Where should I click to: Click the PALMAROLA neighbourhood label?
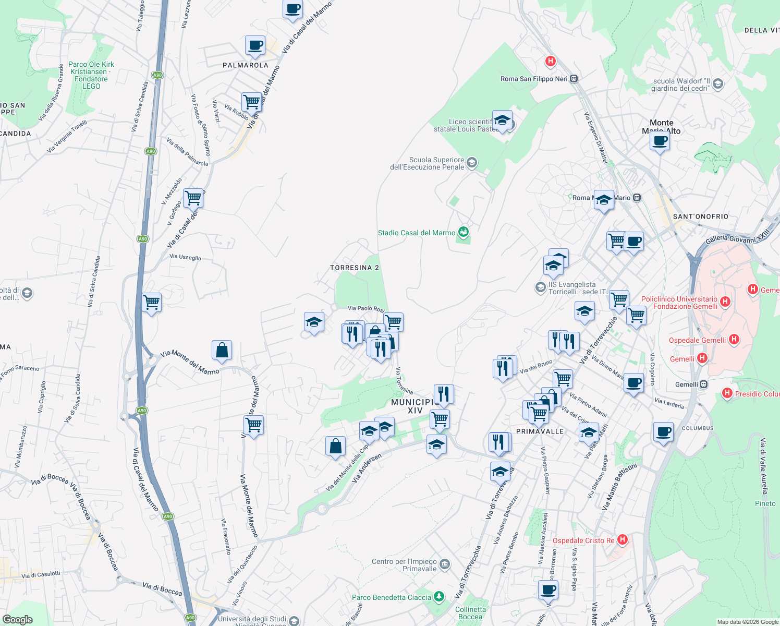(x=245, y=65)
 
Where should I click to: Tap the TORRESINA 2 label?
(x=355, y=268)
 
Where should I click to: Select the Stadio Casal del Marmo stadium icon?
(x=463, y=232)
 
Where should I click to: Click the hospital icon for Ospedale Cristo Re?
(x=622, y=540)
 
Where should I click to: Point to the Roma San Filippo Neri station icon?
(x=574, y=79)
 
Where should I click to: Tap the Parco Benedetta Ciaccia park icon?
(x=439, y=597)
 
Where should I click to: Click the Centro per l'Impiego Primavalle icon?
(x=445, y=563)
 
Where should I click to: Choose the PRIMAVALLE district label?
(x=540, y=431)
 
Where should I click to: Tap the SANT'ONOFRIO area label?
(x=700, y=216)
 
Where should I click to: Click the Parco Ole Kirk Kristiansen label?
(x=91, y=75)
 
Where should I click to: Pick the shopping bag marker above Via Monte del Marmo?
(x=222, y=351)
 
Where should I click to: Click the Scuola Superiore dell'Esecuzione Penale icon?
(x=471, y=163)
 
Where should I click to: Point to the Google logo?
(x=18, y=620)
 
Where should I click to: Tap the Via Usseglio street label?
(x=185, y=257)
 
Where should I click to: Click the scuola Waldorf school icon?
(x=718, y=84)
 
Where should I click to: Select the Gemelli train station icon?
(x=704, y=384)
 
